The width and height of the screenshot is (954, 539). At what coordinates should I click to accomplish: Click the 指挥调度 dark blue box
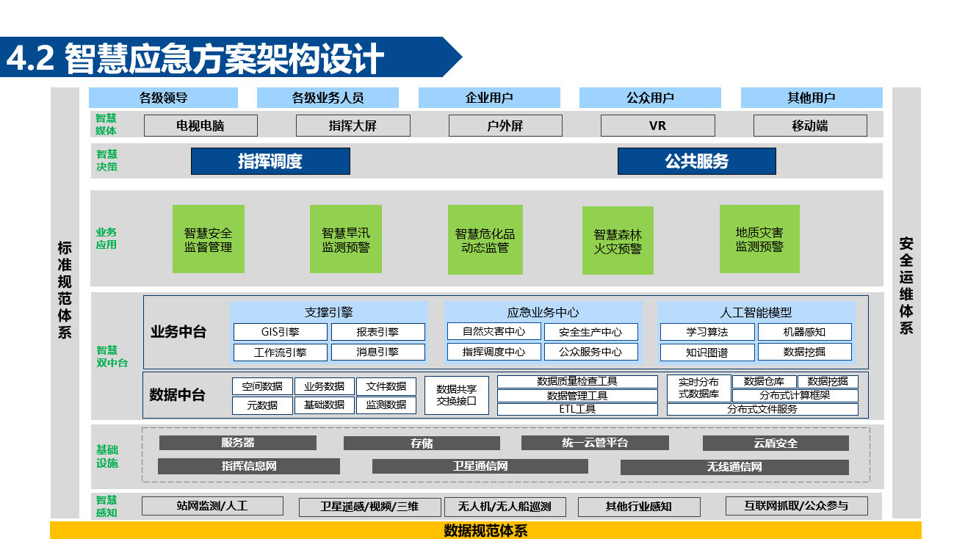point(270,162)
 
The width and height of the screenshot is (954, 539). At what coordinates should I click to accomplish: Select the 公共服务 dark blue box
point(697,162)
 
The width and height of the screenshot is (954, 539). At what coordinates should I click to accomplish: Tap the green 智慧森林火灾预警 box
point(618,241)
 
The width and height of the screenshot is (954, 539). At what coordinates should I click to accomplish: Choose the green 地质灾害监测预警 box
point(759,239)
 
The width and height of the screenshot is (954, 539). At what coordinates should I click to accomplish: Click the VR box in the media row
point(657,126)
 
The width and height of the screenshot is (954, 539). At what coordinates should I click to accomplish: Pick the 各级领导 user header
point(163,98)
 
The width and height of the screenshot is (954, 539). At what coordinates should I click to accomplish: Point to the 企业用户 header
point(489,98)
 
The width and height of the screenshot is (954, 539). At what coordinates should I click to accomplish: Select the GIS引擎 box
point(281,332)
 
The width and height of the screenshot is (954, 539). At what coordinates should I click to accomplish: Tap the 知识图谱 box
point(707,352)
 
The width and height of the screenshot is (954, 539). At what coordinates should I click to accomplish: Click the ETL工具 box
point(577,409)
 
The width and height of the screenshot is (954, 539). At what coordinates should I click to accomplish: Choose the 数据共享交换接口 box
point(457,395)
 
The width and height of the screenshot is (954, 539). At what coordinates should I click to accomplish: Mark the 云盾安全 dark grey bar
point(776,444)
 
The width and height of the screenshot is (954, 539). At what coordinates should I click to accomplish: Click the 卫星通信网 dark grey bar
point(480,466)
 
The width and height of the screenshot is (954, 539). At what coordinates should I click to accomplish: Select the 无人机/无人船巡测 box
point(505,507)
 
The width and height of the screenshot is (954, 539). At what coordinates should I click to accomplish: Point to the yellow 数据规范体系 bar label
point(485,531)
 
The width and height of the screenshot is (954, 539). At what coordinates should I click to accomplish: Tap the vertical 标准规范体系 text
point(65,290)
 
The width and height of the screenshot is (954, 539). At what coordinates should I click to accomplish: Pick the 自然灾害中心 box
point(494,331)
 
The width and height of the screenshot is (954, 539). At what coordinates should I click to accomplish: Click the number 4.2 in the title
point(30,58)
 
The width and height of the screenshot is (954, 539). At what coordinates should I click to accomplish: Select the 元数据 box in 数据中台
point(262,405)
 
